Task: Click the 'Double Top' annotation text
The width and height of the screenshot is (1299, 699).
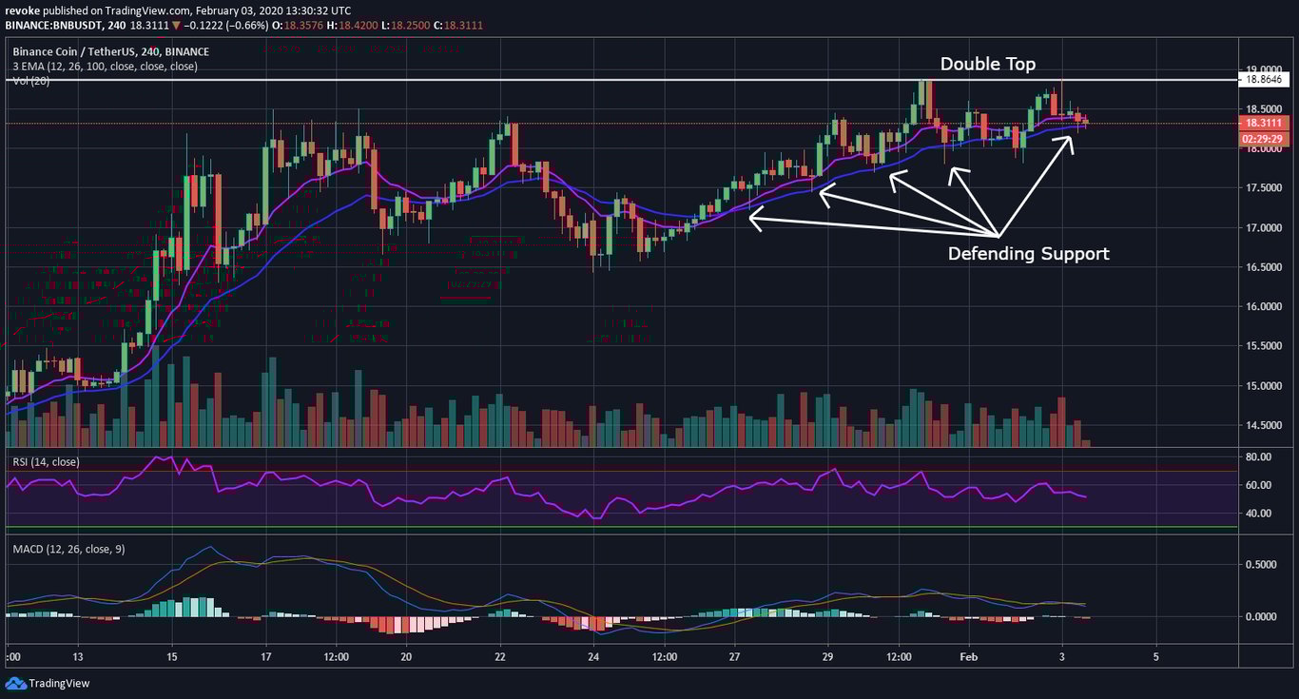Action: coord(988,64)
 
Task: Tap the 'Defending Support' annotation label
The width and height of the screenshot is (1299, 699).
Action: coord(1028,254)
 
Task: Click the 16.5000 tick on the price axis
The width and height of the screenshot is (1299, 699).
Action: coord(1263,267)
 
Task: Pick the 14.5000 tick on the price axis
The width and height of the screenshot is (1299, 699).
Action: coord(1263,425)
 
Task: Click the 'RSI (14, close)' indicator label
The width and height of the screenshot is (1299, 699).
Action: coord(46,462)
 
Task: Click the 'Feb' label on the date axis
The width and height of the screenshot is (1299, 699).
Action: coord(969,656)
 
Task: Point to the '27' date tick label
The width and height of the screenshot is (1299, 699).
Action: coord(734,656)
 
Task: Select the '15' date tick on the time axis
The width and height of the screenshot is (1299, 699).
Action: coord(171,656)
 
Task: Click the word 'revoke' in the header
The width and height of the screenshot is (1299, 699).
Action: coord(22,10)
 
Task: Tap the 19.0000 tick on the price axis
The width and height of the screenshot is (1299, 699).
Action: coord(1263,69)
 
